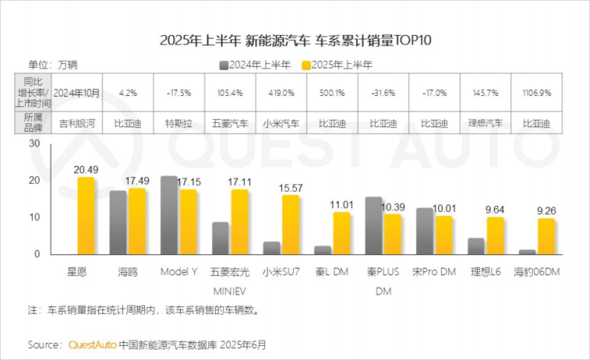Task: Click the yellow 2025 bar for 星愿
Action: click(x=86, y=216)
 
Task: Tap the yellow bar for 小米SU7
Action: click(x=291, y=225)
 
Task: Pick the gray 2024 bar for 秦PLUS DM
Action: click(x=374, y=226)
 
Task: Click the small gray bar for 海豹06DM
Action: click(x=527, y=252)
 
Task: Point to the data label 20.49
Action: click(x=86, y=170)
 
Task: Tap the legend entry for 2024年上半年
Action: click(x=255, y=65)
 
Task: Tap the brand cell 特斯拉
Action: click(x=179, y=123)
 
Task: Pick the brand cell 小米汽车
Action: click(x=281, y=123)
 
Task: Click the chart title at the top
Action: click(x=295, y=40)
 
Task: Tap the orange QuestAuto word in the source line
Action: click(x=92, y=344)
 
